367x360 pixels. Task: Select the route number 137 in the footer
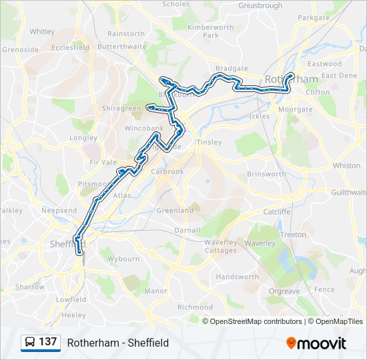click(x=47, y=342)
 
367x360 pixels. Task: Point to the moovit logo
click(x=316, y=343)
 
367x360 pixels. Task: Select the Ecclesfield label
click(x=69, y=48)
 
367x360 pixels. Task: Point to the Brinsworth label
click(x=266, y=174)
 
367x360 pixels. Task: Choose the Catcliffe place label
click(x=277, y=211)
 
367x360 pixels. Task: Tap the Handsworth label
click(x=238, y=277)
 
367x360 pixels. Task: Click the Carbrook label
click(x=167, y=171)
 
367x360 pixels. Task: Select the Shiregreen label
click(x=122, y=108)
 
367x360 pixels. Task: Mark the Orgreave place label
click(x=284, y=291)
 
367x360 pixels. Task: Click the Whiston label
click(x=346, y=165)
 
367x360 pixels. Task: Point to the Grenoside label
click(x=20, y=49)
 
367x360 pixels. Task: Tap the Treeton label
click(x=294, y=235)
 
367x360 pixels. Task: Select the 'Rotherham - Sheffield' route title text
click(x=118, y=343)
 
